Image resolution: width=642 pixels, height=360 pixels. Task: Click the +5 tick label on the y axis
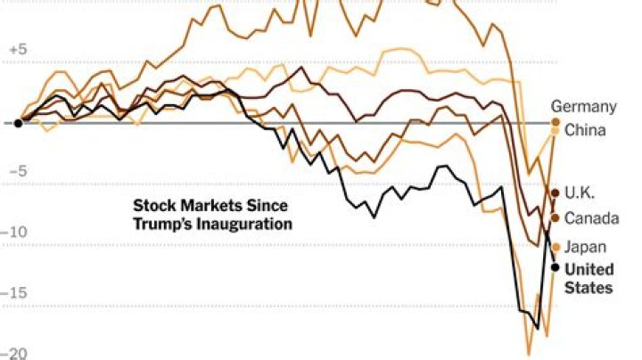pyautogui.click(x=18, y=51)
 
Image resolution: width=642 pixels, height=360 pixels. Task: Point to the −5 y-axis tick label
pyautogui.click(x=18, y=172)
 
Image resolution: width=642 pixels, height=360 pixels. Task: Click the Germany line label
pyautogui.click(x=583, y=107)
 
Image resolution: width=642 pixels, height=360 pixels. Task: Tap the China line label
pyautogui.click(x=585, y=130)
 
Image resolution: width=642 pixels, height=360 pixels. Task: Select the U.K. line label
pyautogui.click(x=580, y=192)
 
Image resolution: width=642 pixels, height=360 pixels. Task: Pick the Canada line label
pyautogui.click(x=588, y=218)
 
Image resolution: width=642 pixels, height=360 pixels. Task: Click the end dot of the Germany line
pyautogui.click(x=555, y=122)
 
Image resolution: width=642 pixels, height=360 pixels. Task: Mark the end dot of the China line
pyautogui.click(x=555, y=131)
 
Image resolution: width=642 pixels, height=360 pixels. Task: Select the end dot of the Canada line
pyautogui.click(x=555, y=217)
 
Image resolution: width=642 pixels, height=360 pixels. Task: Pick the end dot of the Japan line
pyautogui.click(x=556, y=247)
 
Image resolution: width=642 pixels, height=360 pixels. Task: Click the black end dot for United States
pyautogui.click(x=555, y=266)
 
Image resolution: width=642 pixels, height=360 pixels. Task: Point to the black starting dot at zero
pyautogui.click(x=18, y=123)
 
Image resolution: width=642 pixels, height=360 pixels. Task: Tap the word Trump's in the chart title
pyautogui.click(x=163, y=224)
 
